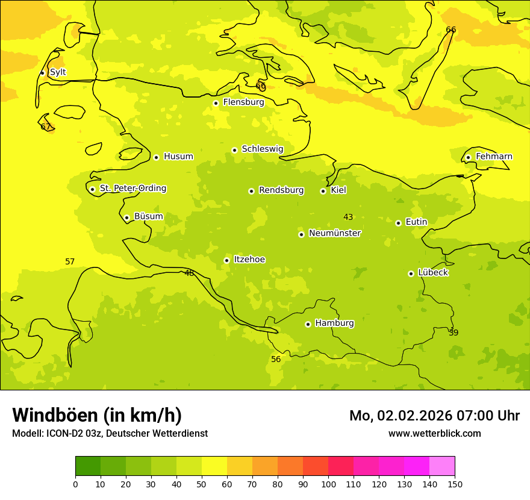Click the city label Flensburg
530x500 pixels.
[x=243, y=102]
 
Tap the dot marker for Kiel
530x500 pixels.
[x=323, y=191]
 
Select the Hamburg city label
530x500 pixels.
[x=334, y=323]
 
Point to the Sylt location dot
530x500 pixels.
[x=42, y=73]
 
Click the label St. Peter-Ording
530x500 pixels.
[x=132, y=189]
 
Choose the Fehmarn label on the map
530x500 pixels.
[x=494, y=157]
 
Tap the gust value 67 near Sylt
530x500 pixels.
[x=46, y=127]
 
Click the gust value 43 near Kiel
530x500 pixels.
[x=348, y=217]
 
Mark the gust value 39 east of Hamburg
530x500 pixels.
[x=454, y=333]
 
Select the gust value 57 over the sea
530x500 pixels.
[x=70, y=262]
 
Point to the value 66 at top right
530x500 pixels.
[x=450, y=30]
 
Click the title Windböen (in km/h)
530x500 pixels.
[x=97, y=416]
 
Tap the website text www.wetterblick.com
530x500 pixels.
[x=434, y=434]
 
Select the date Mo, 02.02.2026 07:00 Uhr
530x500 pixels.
[x=434, y=416]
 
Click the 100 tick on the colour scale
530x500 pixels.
[x=328, y=484]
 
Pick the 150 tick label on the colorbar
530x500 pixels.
[x=455, y=484]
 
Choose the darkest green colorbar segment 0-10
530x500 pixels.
[x=88, y=466]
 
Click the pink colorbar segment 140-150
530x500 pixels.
[x=442, y=466]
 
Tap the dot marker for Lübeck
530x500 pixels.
[x=411, y=273]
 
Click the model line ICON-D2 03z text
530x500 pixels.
[x=110, y=434]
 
